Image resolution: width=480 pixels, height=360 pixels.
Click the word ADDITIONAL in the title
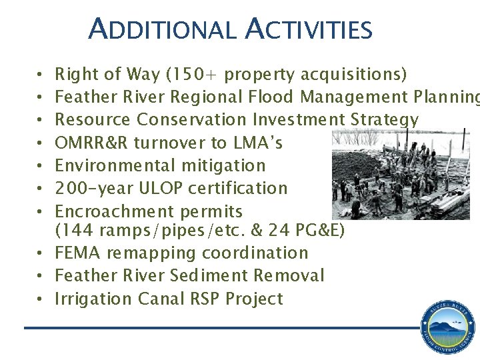tap(162, 29)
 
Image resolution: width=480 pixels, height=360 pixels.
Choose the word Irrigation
tap(93, 299)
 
